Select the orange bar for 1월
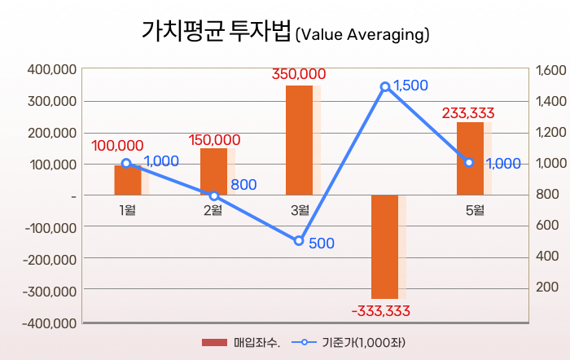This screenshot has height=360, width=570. [127, 180]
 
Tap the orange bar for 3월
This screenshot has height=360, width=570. [299, 140]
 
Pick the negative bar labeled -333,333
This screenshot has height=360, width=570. [384, 247]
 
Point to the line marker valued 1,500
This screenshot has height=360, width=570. [385, 86]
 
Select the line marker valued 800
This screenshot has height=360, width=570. [214, 195]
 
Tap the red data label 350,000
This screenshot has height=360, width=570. [299, 74]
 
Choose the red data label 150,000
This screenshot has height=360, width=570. [214, 139]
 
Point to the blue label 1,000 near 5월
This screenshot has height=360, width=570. [503, 164]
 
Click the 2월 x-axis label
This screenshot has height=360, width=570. [213, 211]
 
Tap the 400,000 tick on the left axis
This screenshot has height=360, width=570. [52, 70]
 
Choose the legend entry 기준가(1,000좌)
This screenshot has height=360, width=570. [362, 342]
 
